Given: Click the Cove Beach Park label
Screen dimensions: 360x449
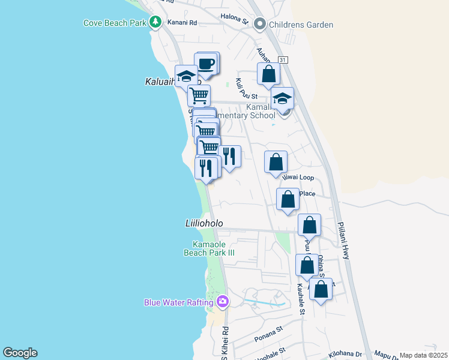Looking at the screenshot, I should click(115, 23).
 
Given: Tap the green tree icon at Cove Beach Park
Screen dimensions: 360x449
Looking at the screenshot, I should click(155, 22).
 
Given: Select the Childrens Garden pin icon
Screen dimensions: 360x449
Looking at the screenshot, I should click(260, 25).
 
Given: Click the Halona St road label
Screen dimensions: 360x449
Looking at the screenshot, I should click(234, 19).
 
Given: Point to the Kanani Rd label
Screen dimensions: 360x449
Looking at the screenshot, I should click(183, 23).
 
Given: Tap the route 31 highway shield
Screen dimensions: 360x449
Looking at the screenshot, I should click(283, 60).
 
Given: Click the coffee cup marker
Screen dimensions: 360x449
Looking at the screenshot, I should click(205, 64).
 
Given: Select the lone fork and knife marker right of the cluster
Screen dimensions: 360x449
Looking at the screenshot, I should click(229, 157).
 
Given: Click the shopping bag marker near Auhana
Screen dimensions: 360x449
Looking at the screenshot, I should click(269, 74).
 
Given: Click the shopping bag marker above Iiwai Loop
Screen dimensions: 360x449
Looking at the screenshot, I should click(276, 162).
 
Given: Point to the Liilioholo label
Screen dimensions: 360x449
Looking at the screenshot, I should click(203, 223).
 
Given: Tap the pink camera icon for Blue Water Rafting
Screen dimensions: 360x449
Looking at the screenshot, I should click(223, 301).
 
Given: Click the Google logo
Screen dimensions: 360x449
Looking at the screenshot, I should click(20, 353).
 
